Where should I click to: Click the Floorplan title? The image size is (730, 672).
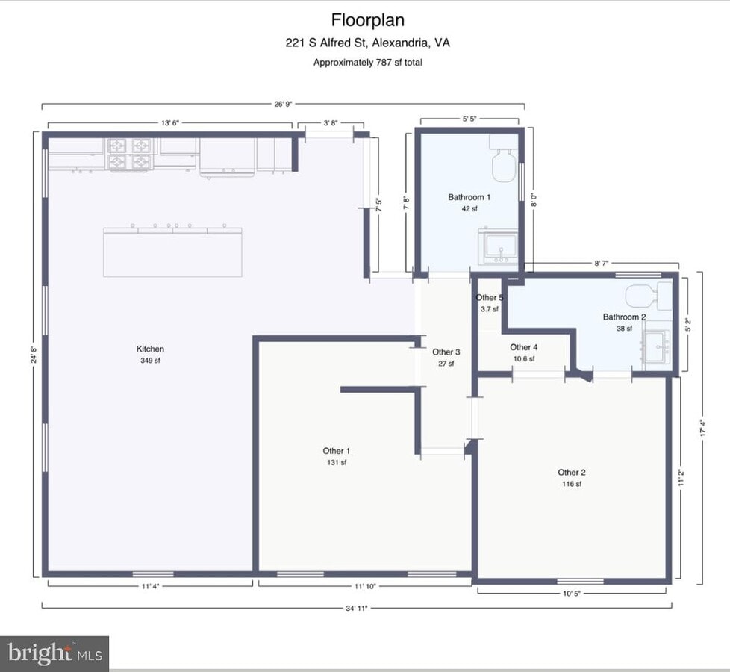[x=368, y=20]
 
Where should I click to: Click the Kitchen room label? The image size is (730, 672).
[x=150, y=349]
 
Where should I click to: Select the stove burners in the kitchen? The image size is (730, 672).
[x=128, y=154]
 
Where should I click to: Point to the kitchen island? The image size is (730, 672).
[x=172, y=252]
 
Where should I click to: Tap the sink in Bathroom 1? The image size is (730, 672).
[x=498, y=246]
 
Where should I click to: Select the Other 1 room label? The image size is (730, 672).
[x=336, y=451]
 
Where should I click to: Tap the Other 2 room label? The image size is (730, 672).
[x=572, y=472]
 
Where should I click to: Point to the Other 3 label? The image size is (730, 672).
[x=446, y=352]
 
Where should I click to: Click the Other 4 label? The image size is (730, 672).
[x=524, y=347]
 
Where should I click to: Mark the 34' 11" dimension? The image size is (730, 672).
[x=357, y=608]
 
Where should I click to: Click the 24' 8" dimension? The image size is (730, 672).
[x=34, y=355]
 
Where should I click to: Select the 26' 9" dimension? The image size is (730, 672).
[x=283, y=104]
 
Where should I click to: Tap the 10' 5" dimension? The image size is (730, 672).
[x=572, y=594]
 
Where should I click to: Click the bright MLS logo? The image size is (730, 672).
[x=54, y=654]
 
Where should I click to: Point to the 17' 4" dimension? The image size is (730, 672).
[x=703, y=428]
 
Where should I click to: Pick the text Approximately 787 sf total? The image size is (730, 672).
[x=368, y=63]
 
